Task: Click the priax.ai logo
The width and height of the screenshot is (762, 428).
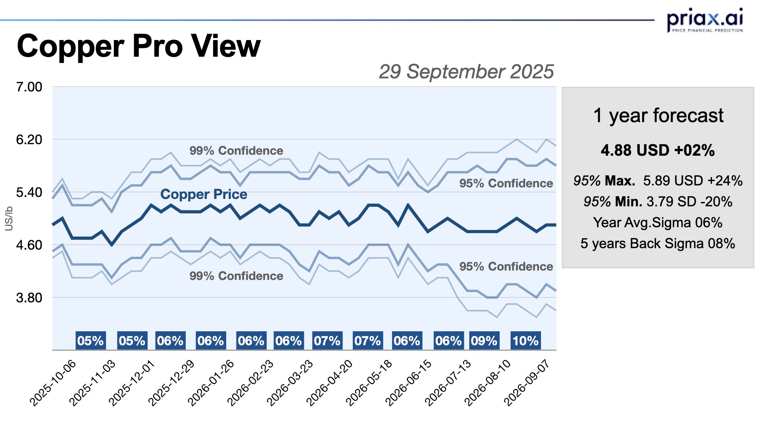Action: coord(704,19)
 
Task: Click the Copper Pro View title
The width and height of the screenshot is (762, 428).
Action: coord(139,46)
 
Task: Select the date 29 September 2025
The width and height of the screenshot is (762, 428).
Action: coord(466,72)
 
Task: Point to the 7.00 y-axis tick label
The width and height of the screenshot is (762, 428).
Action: coord(29,87)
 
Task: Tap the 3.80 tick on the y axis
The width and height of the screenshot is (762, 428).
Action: coord(29,298)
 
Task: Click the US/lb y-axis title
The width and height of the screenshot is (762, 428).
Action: coord(9,218)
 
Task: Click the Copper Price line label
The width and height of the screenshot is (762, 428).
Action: coord(204,194)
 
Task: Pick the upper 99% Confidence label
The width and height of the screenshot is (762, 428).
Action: coord(236,151)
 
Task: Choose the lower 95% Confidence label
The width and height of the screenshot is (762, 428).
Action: coord(506,266)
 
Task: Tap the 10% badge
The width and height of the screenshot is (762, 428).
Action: coord(525,341)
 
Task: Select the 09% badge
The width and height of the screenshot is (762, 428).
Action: coord(484,341)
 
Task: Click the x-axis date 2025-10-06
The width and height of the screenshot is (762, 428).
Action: coord(53,382)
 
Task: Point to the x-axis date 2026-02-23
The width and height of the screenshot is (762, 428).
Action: coord(250,382)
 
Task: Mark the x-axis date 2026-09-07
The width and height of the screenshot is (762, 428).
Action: coord(527,382)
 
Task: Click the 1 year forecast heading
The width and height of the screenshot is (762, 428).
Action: coord(658,115)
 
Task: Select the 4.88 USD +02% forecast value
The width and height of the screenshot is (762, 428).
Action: coord(658,150)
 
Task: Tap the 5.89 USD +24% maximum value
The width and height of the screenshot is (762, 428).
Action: coord(693,181)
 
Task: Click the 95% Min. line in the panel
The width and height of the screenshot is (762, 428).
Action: coord(658,202)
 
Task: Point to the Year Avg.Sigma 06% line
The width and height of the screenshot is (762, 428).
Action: coord(658,223)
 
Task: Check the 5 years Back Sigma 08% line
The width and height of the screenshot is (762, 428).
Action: coord(658,243)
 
